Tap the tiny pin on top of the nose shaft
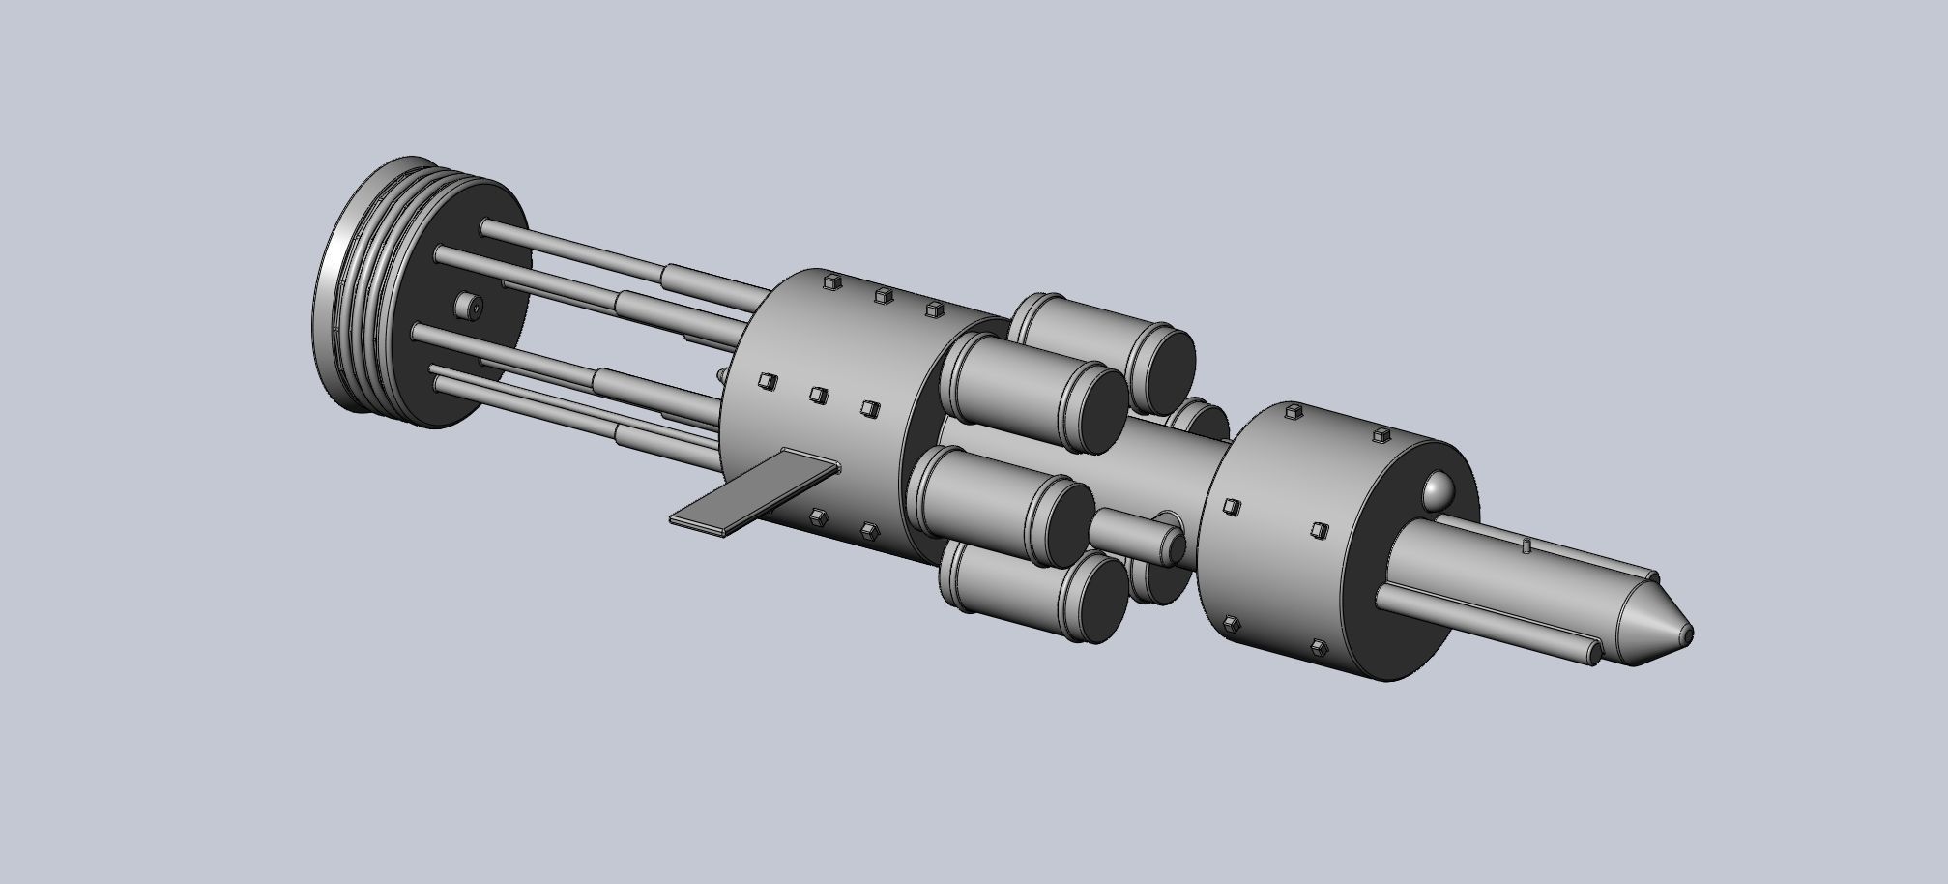(1526, 546)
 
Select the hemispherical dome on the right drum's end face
(1439, 491)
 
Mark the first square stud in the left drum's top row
(829, 282)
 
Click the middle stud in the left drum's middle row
(818, 395)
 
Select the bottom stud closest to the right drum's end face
(1318, 645)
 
